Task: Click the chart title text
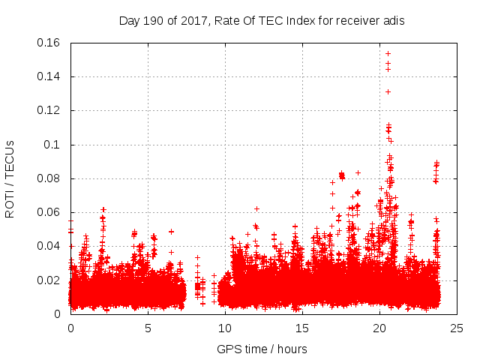coord(262,21)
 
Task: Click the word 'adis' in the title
coord(393,21)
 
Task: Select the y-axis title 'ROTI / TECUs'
coord(10,178)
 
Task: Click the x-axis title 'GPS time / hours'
coord(262,349)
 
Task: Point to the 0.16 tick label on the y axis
coord(49,43)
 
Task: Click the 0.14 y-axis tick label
coord(49,76)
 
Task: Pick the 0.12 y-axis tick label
coord(49,110)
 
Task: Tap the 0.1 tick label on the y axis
coord(53,145)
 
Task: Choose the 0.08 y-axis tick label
coord(49,178)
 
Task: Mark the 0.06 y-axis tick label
coord(49,212)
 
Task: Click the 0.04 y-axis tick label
coord(49,246)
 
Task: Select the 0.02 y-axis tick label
coord(49,280)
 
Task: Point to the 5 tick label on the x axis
coord(148,328)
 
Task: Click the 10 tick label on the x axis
coord(225,328)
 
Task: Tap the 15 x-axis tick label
coord(302,328)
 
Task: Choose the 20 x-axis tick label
coord(379,328)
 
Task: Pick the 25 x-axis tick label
coord(457,328)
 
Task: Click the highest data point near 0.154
coord(388,53)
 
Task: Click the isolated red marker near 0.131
coord(388,91)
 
